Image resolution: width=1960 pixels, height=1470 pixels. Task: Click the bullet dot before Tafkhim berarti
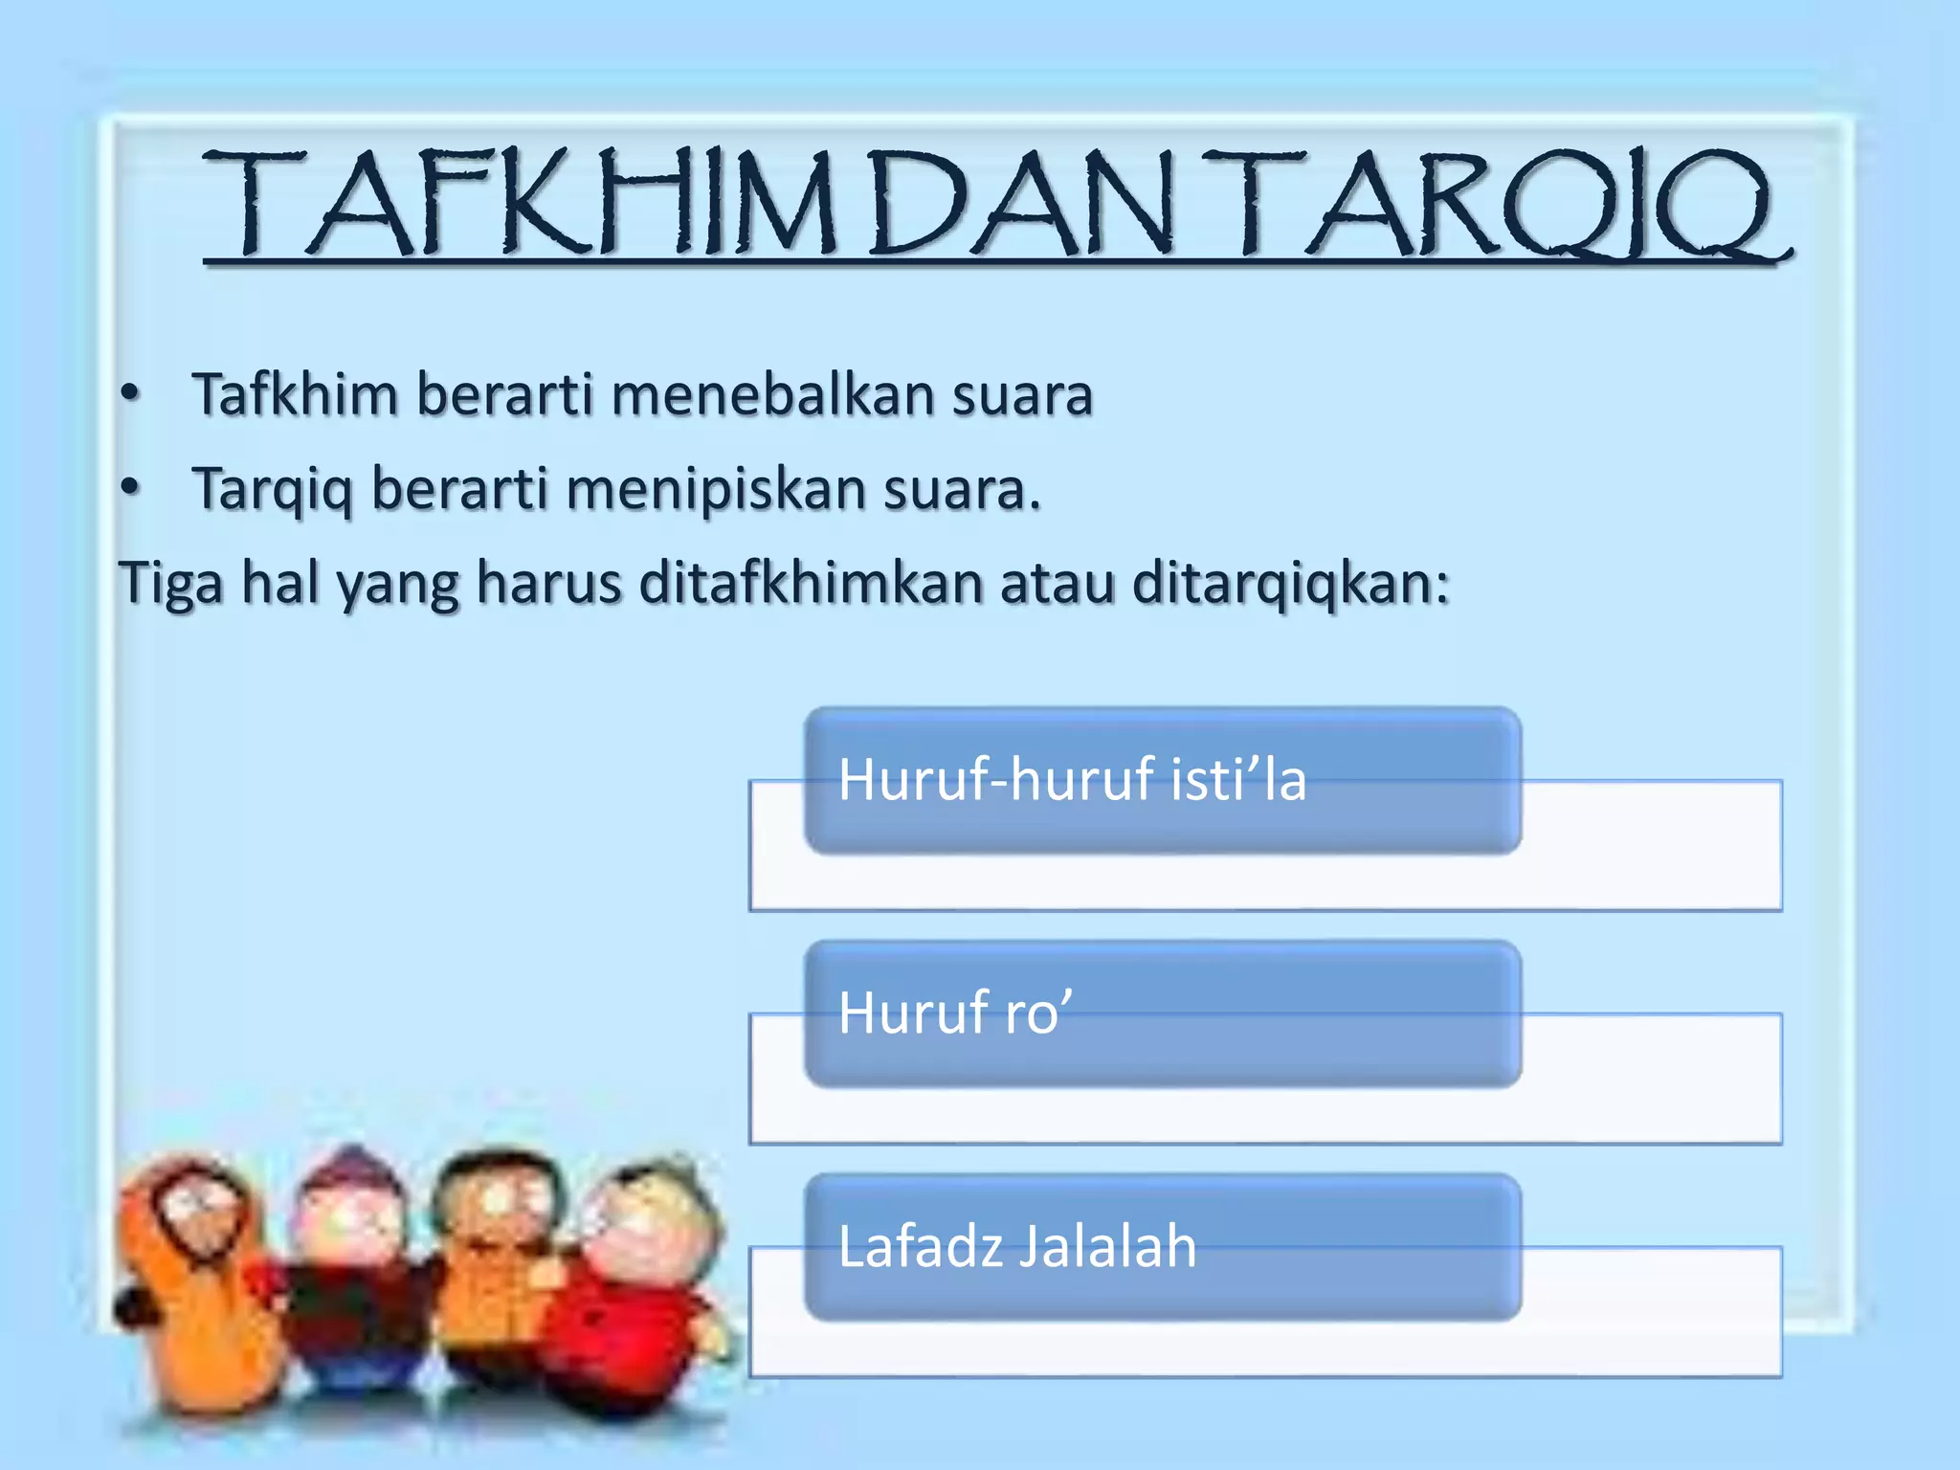pos(131,394)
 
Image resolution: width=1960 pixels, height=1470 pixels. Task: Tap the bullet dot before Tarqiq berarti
pos(131,488)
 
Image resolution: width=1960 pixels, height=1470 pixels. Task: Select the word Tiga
pos(169,583)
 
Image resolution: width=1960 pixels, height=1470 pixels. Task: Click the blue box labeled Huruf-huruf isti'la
pos(1162,780)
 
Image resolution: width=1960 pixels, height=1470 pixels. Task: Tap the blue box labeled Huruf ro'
pos(1162,1013)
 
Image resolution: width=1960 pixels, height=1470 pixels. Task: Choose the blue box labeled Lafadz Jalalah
pos(1162,1247)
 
